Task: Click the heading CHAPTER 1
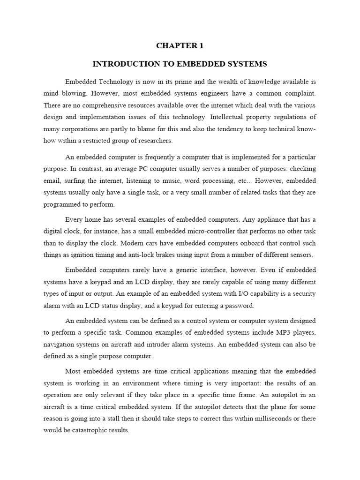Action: pos(180,46)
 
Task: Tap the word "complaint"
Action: pos(297,93)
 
